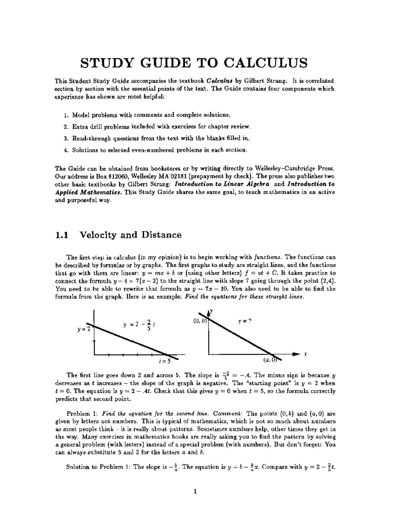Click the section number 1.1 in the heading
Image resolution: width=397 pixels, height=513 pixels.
62,235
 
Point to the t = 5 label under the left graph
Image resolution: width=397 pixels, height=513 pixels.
164,361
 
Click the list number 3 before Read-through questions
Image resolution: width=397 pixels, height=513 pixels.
65,138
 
